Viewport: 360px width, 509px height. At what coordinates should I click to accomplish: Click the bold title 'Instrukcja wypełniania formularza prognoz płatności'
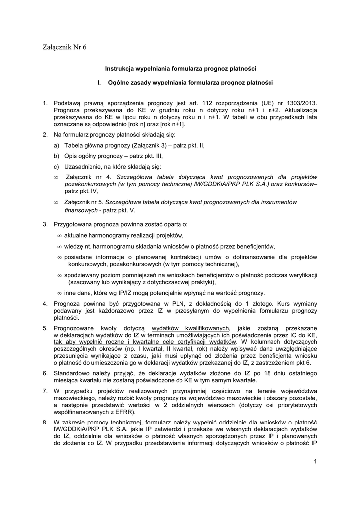[x=180, y=68]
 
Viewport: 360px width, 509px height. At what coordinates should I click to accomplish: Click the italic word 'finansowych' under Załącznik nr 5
[x=81, y=210]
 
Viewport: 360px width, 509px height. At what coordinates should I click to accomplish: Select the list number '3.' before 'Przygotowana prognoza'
[x=45, y=225]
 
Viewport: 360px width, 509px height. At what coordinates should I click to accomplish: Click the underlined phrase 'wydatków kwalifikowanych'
[x=190, y=328]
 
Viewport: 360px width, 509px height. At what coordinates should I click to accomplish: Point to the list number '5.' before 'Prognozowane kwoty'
[x=45, y=328]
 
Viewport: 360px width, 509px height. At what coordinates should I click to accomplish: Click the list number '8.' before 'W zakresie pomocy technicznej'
[x=45, y=422]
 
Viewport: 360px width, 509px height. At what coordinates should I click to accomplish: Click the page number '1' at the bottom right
[x=315, y=462]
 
